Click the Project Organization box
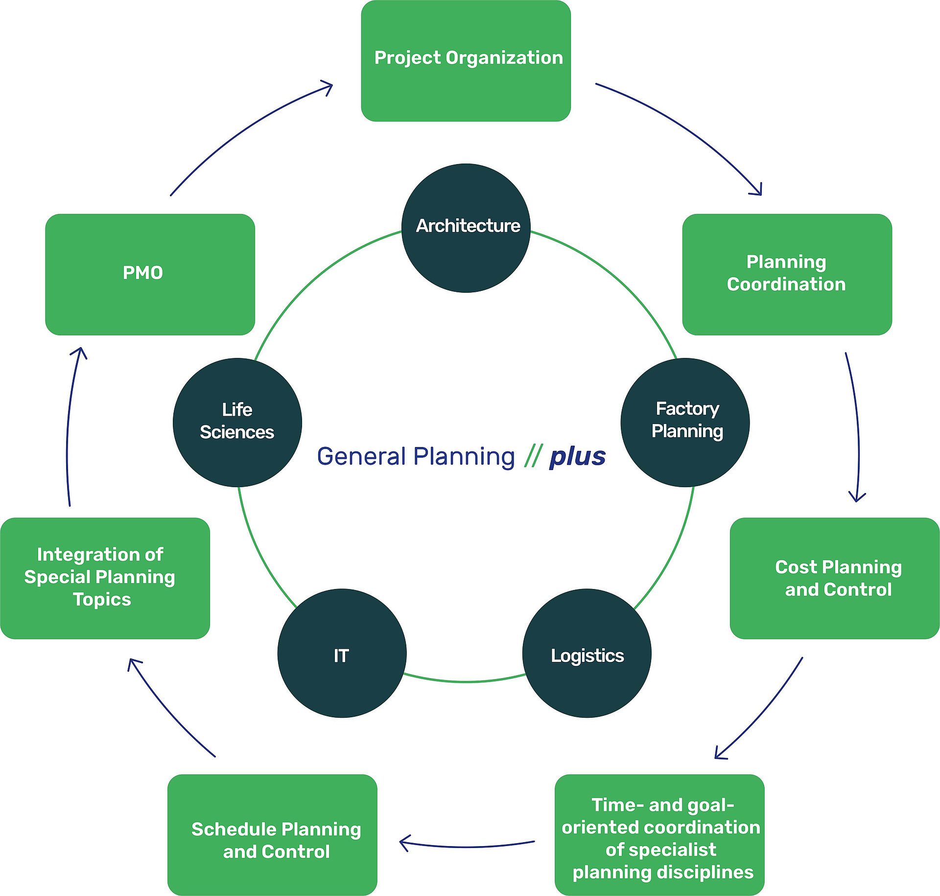click(x=466, y=61)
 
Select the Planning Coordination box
click(x=787, y=274)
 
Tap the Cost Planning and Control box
click(x=835, y=578)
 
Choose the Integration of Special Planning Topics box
click(x=105, y=578)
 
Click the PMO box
click(x=150, y=274)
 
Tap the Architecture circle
click(x=466, y=228)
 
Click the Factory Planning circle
click(x=685, y=423)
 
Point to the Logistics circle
click(x=587, y=653)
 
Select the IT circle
click(x=342, y=653)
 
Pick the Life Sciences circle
click(x=237, y=423)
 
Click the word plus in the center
click(x=578, y=457)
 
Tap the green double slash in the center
click(x=533, y=456)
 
